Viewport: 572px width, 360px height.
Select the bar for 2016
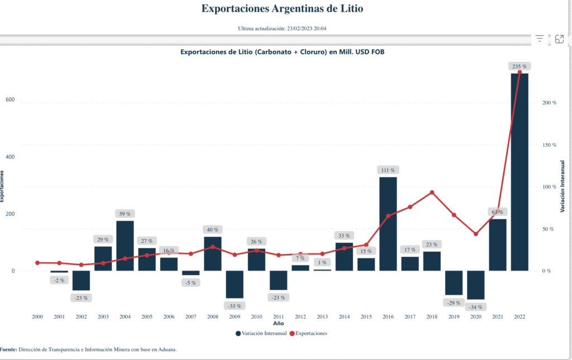388,224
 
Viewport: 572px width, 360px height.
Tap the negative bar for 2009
235,284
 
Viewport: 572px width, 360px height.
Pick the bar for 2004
125,246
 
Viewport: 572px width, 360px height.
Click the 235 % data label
519,66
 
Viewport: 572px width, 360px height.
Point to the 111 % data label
388,170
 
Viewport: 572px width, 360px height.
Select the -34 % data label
476,307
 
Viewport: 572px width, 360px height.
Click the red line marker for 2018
432,193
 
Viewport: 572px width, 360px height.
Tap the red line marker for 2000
37,263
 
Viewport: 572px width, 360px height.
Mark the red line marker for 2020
476,234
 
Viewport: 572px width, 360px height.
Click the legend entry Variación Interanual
261,333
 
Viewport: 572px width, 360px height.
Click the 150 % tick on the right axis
550,145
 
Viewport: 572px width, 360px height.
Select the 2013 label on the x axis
322,316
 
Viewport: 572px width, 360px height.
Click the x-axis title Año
278,324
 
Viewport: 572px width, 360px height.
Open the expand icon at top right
559,39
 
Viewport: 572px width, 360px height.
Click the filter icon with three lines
540,39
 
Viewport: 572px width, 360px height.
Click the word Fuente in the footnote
7,349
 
